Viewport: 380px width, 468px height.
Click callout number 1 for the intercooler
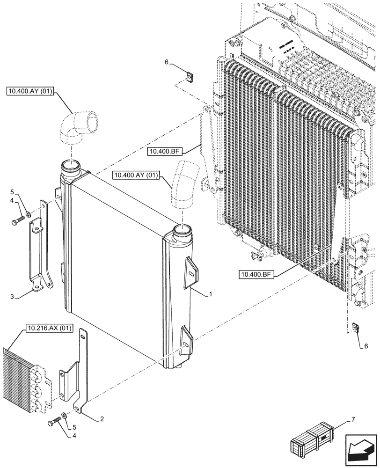point(211,294)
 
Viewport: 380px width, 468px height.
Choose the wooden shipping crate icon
point(311,438)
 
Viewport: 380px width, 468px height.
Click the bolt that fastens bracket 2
point(53,423)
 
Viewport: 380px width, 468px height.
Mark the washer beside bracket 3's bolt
point(29,214)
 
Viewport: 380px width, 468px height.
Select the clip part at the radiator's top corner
point(190,76)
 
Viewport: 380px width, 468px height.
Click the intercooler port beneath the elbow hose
point(70,167)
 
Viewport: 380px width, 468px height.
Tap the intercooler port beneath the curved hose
point(182,231)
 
